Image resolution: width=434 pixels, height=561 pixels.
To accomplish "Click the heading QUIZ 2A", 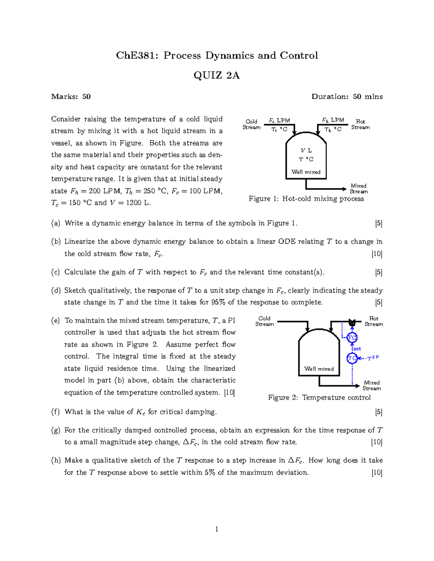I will (217, 75).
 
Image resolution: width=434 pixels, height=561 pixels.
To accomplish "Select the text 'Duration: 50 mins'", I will (347, 96).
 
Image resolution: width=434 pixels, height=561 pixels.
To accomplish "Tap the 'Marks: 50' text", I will (71, 96).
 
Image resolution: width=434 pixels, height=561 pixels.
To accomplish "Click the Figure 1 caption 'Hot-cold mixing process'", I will (323, 199).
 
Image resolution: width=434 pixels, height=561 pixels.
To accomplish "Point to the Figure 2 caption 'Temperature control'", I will (336, 398).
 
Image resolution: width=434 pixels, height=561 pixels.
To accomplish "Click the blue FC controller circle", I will (352, 338).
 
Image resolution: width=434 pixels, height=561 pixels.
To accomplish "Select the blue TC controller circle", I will (352, 358).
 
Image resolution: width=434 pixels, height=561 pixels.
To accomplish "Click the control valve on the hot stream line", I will (352, 322).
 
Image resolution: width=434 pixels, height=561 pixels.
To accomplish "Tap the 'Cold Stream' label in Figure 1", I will (251, 124).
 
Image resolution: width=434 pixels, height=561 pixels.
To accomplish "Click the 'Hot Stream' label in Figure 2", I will (374, 321).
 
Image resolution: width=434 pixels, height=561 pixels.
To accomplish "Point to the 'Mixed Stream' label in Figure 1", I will (358, 189).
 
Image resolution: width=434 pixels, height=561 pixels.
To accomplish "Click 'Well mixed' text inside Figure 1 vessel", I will (306, 172).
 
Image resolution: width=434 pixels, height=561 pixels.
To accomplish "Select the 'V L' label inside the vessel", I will (306, 151).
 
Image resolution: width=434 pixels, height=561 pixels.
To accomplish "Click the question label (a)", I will (56, 223).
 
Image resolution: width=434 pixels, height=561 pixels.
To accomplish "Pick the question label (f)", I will (55, 412).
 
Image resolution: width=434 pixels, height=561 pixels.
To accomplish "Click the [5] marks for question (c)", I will (379, 272).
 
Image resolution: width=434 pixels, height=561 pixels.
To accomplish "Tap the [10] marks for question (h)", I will (377, 472).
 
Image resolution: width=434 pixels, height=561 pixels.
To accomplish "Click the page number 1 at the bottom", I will (217, 530).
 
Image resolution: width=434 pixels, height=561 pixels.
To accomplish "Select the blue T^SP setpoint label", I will (373, 358).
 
